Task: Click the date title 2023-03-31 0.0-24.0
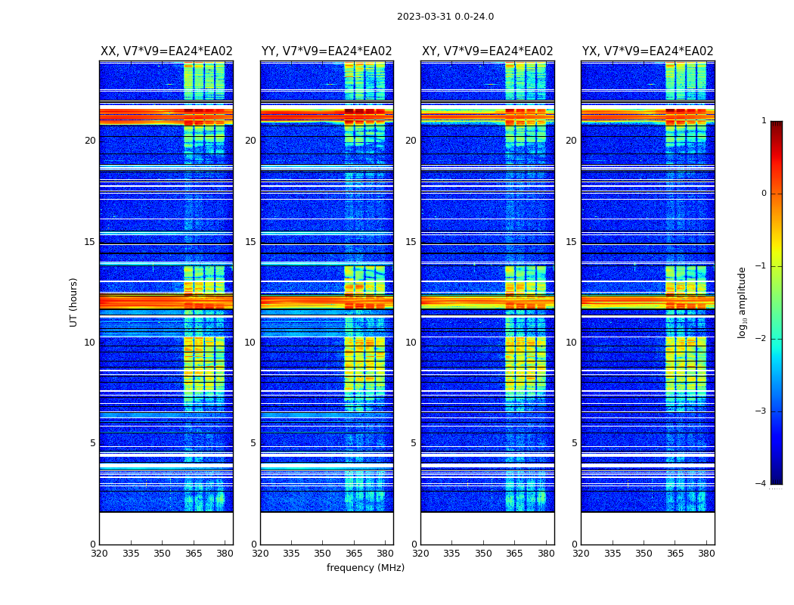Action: coord(445,17)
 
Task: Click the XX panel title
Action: coord(166,51)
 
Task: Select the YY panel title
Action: coord(327,51)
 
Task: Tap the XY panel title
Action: coord(487,51)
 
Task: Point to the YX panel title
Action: coord(647,51)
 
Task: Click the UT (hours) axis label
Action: coord(74,302)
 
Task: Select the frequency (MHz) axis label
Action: coord(365,568)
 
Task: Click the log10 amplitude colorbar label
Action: coord(743,302)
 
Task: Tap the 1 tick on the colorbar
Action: coord(763,121)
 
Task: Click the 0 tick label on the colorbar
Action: coord(763,194)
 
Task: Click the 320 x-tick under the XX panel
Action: coord(99,554)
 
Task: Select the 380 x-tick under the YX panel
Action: coord(706,554)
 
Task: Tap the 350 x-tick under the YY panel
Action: coord(323,554)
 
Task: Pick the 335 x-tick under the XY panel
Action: coord(451,554)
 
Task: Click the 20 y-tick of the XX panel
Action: coord(90,141)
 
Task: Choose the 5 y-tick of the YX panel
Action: coord(574,443)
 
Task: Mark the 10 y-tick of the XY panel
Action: coord(411,343)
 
